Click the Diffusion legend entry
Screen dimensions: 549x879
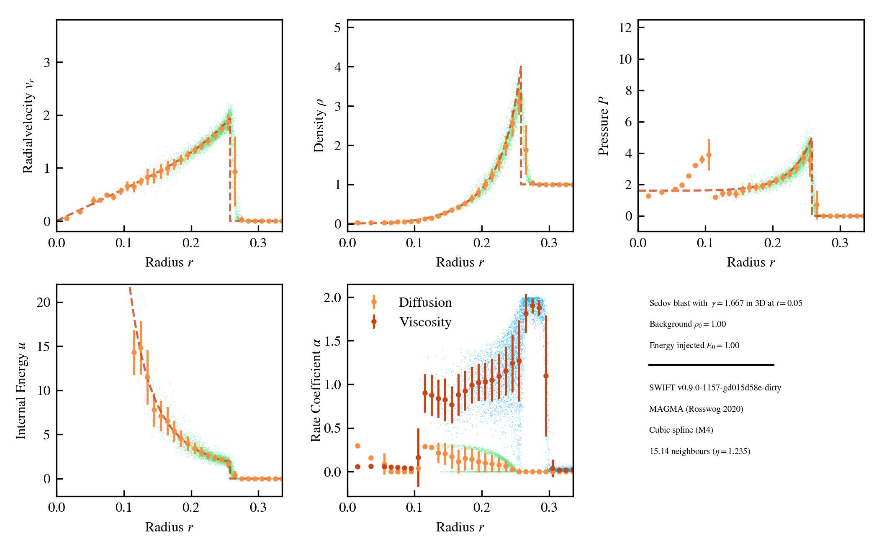[424, 303]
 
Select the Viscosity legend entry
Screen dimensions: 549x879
[425, 322]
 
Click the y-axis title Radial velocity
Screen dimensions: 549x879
[28, 126]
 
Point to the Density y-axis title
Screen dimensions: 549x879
[319, 126]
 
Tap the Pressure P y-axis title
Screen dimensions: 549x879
[603, 126]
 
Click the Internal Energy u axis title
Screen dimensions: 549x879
[21, 390]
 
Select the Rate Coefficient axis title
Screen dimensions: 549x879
[316, 390]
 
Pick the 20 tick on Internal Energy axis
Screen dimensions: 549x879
[43, 302]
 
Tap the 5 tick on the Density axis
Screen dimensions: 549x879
[337, 28]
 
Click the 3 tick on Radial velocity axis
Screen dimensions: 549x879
[46, 62]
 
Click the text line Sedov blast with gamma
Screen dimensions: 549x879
[725, 303]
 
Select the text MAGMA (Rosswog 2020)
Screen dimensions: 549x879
[696, 409]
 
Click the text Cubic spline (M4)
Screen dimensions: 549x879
[681, 430]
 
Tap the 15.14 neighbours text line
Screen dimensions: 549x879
[699, 451]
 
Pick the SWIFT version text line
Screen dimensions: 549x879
[715, 387]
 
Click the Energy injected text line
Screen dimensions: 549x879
[694, 345]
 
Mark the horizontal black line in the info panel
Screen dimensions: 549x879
[711, 365]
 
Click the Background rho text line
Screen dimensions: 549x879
[687, 324]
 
